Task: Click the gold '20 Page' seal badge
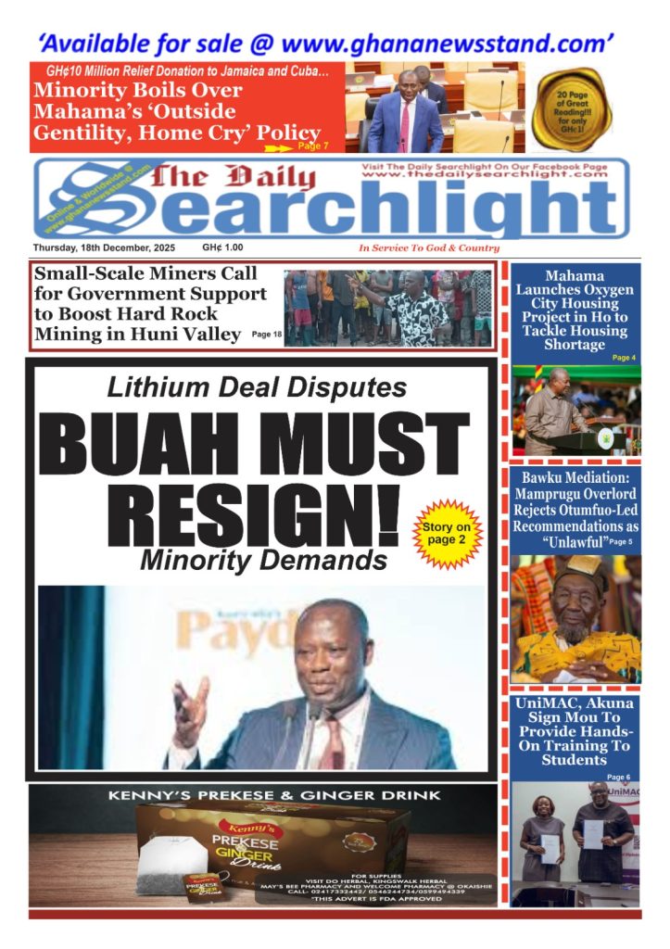pyautogui.click(x=572, y=109)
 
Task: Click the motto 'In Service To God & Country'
pyautogui.click(x=429, y=248)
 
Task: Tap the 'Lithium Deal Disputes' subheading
pyautogui.click(x=256, y=387)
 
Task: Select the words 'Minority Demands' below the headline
pyautogui.click(x=263, y=559)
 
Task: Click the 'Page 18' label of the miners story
pyautogui.click(x=267, y=334)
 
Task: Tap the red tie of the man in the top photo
pyautogui.click(x=405, y=124)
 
